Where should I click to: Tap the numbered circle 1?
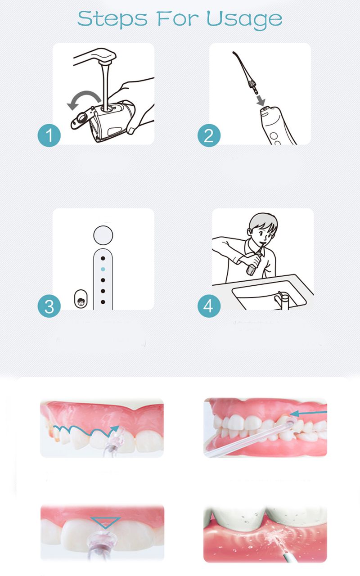click(49, 135)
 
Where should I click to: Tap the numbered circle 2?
click(209, 135)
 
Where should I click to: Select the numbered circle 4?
click(209, 306)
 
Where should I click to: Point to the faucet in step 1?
click(97, 59)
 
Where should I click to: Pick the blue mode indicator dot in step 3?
click(103, 269)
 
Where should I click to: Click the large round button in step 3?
click(103, 234)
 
